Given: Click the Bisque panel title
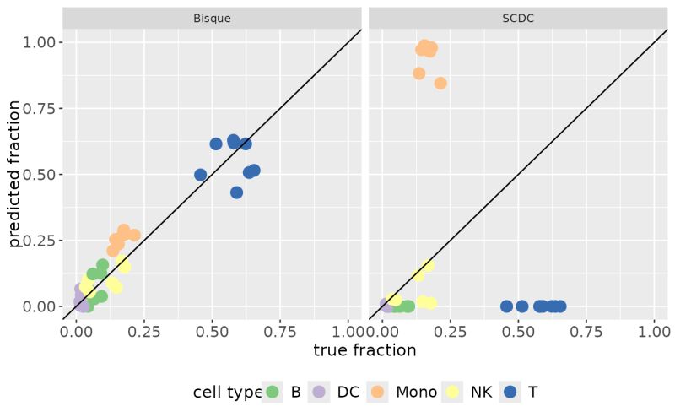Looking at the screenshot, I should [x=212, y=17].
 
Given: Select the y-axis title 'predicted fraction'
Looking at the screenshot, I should [x=14, y=175].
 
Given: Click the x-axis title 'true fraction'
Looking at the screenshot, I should [x=364, y=350].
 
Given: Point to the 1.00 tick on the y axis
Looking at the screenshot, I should [x=37, y=42].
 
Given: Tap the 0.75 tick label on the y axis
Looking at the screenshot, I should [x=37, y=108].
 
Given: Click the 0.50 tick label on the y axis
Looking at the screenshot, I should [x=37, y=175].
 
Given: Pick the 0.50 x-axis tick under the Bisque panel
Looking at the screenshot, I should [x=213, y=331].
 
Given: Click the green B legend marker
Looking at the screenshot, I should [x=273, y=392].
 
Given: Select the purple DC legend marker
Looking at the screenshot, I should [x=319, y=392].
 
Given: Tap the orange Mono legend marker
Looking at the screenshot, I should [x=378, y=392].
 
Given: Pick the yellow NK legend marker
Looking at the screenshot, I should [x=453, y=392].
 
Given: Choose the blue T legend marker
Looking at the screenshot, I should [x=510, y=392].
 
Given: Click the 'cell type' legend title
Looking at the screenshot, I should [x=226, y=392].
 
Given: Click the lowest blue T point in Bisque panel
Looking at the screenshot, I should [x=236, y=192].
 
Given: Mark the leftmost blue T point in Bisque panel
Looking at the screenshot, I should [x=200, y=175].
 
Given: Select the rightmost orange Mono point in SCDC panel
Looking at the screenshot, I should [x=440, y=83].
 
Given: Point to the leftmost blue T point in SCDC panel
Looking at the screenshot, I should [x=506, y=306].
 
